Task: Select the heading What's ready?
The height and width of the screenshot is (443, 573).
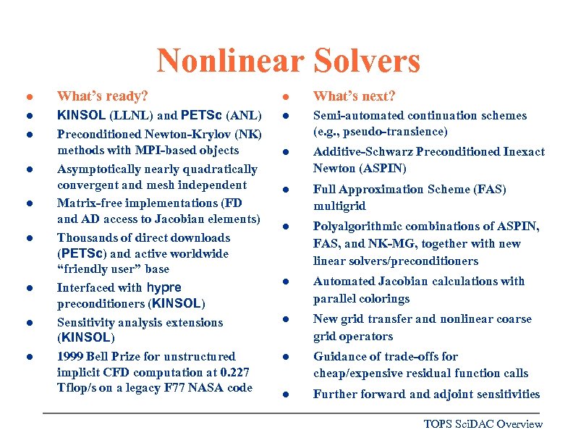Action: coord(103,96)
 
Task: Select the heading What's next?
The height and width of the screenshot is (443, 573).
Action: coord(354,96)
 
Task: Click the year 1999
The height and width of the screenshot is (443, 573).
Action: coord(71,356)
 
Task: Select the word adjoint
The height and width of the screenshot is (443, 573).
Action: coord(457,395)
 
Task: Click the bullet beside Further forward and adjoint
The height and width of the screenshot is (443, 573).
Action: coord(286,395)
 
